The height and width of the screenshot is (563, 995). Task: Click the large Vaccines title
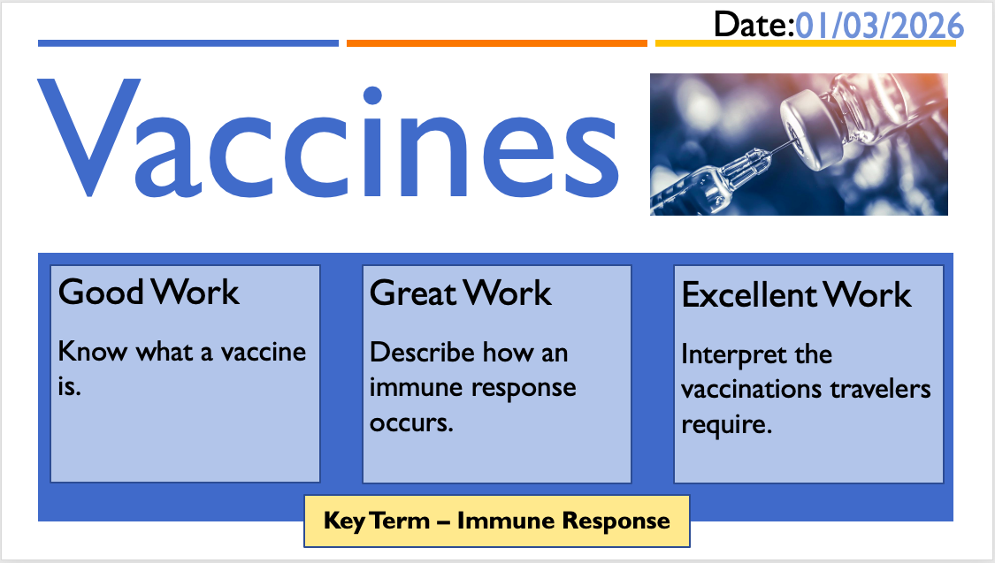click(327, 138)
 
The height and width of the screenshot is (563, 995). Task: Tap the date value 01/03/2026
click(879, 26)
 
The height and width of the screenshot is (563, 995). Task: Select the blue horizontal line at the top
click(188, 43)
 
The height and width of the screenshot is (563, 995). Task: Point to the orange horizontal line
click(497, 43)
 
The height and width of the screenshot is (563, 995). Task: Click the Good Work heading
click(149, 293)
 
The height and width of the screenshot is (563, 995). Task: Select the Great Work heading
click(461, 293)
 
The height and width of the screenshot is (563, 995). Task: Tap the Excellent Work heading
click(796, 295)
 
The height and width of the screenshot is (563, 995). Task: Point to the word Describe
click(422, 353)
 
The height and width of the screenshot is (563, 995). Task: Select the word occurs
click(411, 422)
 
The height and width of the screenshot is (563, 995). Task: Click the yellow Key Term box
click(497, 521)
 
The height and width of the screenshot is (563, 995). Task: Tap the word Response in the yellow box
click(616, 521)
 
